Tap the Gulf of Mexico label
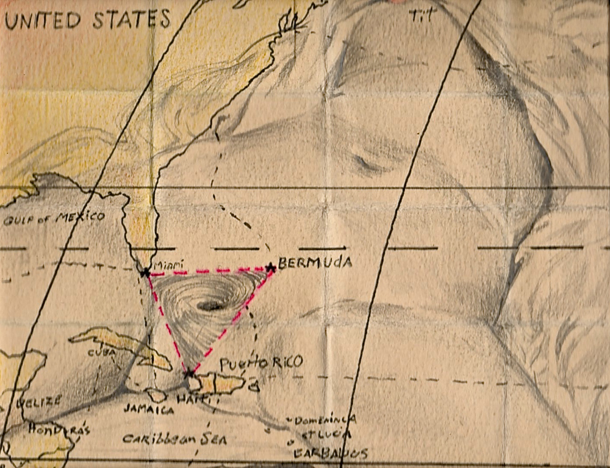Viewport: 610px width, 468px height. [54, 217]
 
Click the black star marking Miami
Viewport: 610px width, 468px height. [145, 273]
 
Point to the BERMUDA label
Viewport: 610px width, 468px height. [315, 264]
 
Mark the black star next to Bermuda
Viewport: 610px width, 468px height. [271, 267]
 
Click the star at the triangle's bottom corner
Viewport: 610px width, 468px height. [189, 372]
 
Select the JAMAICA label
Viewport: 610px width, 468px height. [148, 409]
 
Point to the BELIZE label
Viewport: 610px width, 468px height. [39, 401]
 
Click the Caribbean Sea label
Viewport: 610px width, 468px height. [174, 439]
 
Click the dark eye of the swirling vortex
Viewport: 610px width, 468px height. [210, 306]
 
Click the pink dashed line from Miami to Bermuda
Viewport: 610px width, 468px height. [207, 270]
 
